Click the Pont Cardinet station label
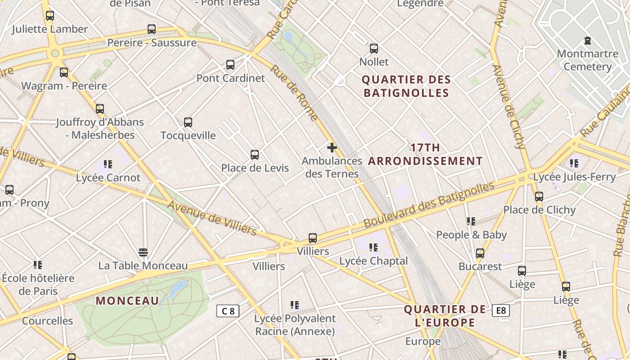[230, 78]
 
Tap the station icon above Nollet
[373, 49]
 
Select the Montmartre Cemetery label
[587, 60]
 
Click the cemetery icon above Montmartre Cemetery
[587, 41]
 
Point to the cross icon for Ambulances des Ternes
[332, 148]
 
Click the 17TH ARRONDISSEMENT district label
[425, 154]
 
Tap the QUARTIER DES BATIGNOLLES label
[406, 86]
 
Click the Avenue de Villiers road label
[212, 218]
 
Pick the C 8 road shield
[228, 311]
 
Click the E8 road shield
[501, 310]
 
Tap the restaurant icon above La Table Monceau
[143, 252]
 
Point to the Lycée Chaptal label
[373, 261]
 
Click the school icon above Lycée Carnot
[108, 164]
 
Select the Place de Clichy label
[539, 210]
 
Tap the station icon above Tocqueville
[188, 122]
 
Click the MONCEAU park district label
[127, 301]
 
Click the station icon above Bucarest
[480, 253]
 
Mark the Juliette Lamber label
[49, 29]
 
